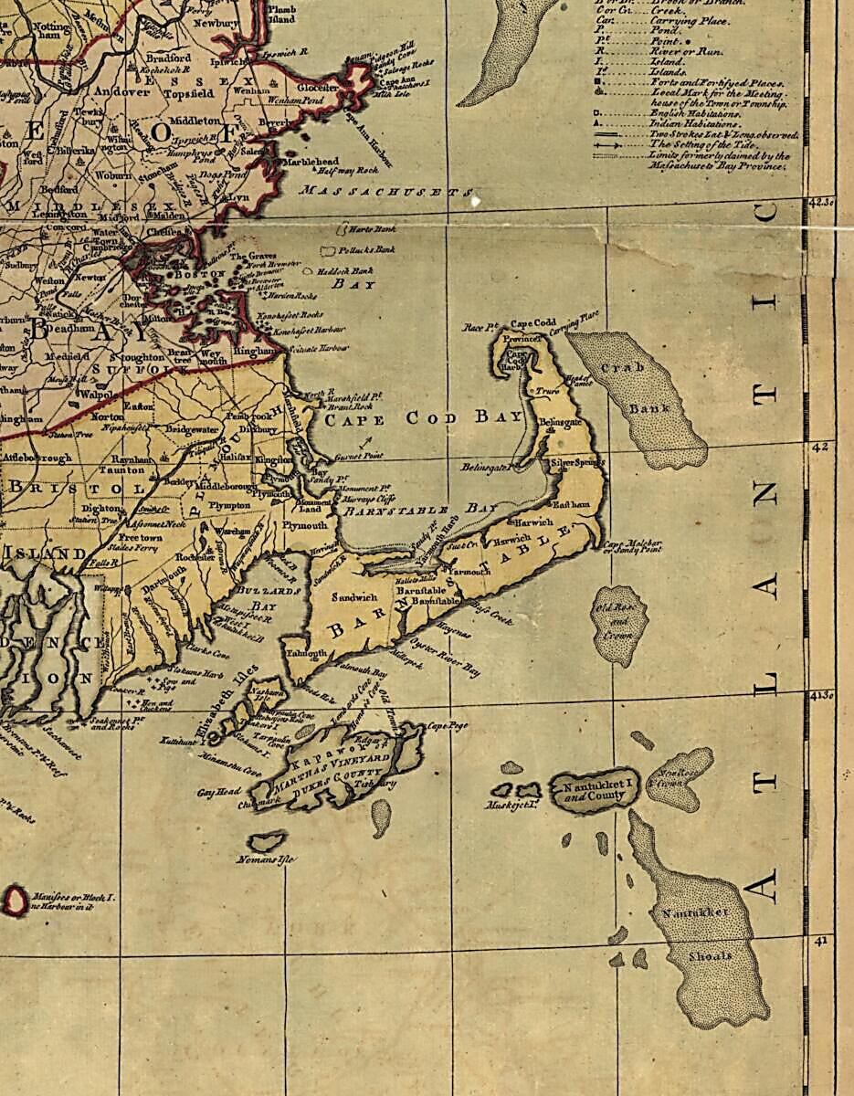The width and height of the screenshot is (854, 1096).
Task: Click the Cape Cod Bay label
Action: [425, 418]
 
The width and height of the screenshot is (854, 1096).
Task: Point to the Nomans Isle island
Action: [266, 840]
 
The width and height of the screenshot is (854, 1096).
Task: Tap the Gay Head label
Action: [218, 792]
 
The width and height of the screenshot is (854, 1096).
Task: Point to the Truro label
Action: [548, 391]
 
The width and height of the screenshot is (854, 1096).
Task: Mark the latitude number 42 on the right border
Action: [820, 447]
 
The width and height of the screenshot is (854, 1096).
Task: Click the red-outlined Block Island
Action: [15, 901]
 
